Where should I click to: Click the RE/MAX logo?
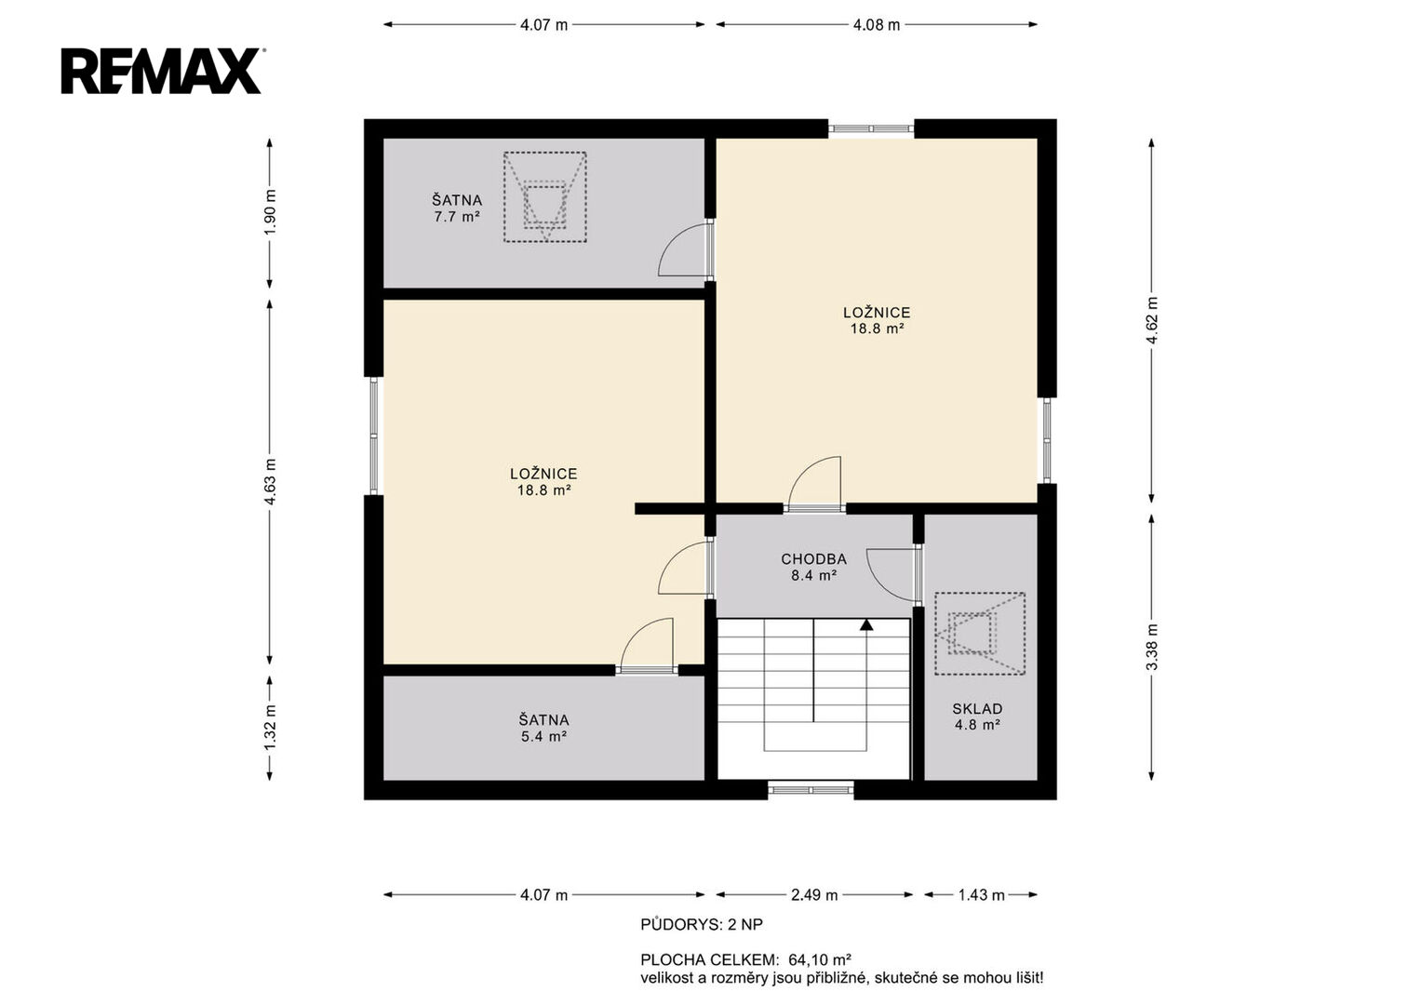click(162, 71)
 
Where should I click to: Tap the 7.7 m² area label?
click(457, 217)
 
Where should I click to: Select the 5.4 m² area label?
click(543, 737)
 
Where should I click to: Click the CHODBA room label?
click(814, 559)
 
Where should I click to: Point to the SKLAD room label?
click(977, 709)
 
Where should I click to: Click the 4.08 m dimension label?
click(877, 25)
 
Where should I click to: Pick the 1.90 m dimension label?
click(270, 212)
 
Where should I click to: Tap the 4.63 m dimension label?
click(270, 482)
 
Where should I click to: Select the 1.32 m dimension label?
click(270, 727)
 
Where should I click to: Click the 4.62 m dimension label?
click(1152, 320)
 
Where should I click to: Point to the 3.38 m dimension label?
click(1152, 647)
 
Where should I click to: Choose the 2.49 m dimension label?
click(814, 895)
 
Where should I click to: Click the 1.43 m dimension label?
click(982, 895)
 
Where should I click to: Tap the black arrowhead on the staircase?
click(866, 625)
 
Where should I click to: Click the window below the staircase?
click(811, 790)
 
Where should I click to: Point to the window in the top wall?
click(871, 128)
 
